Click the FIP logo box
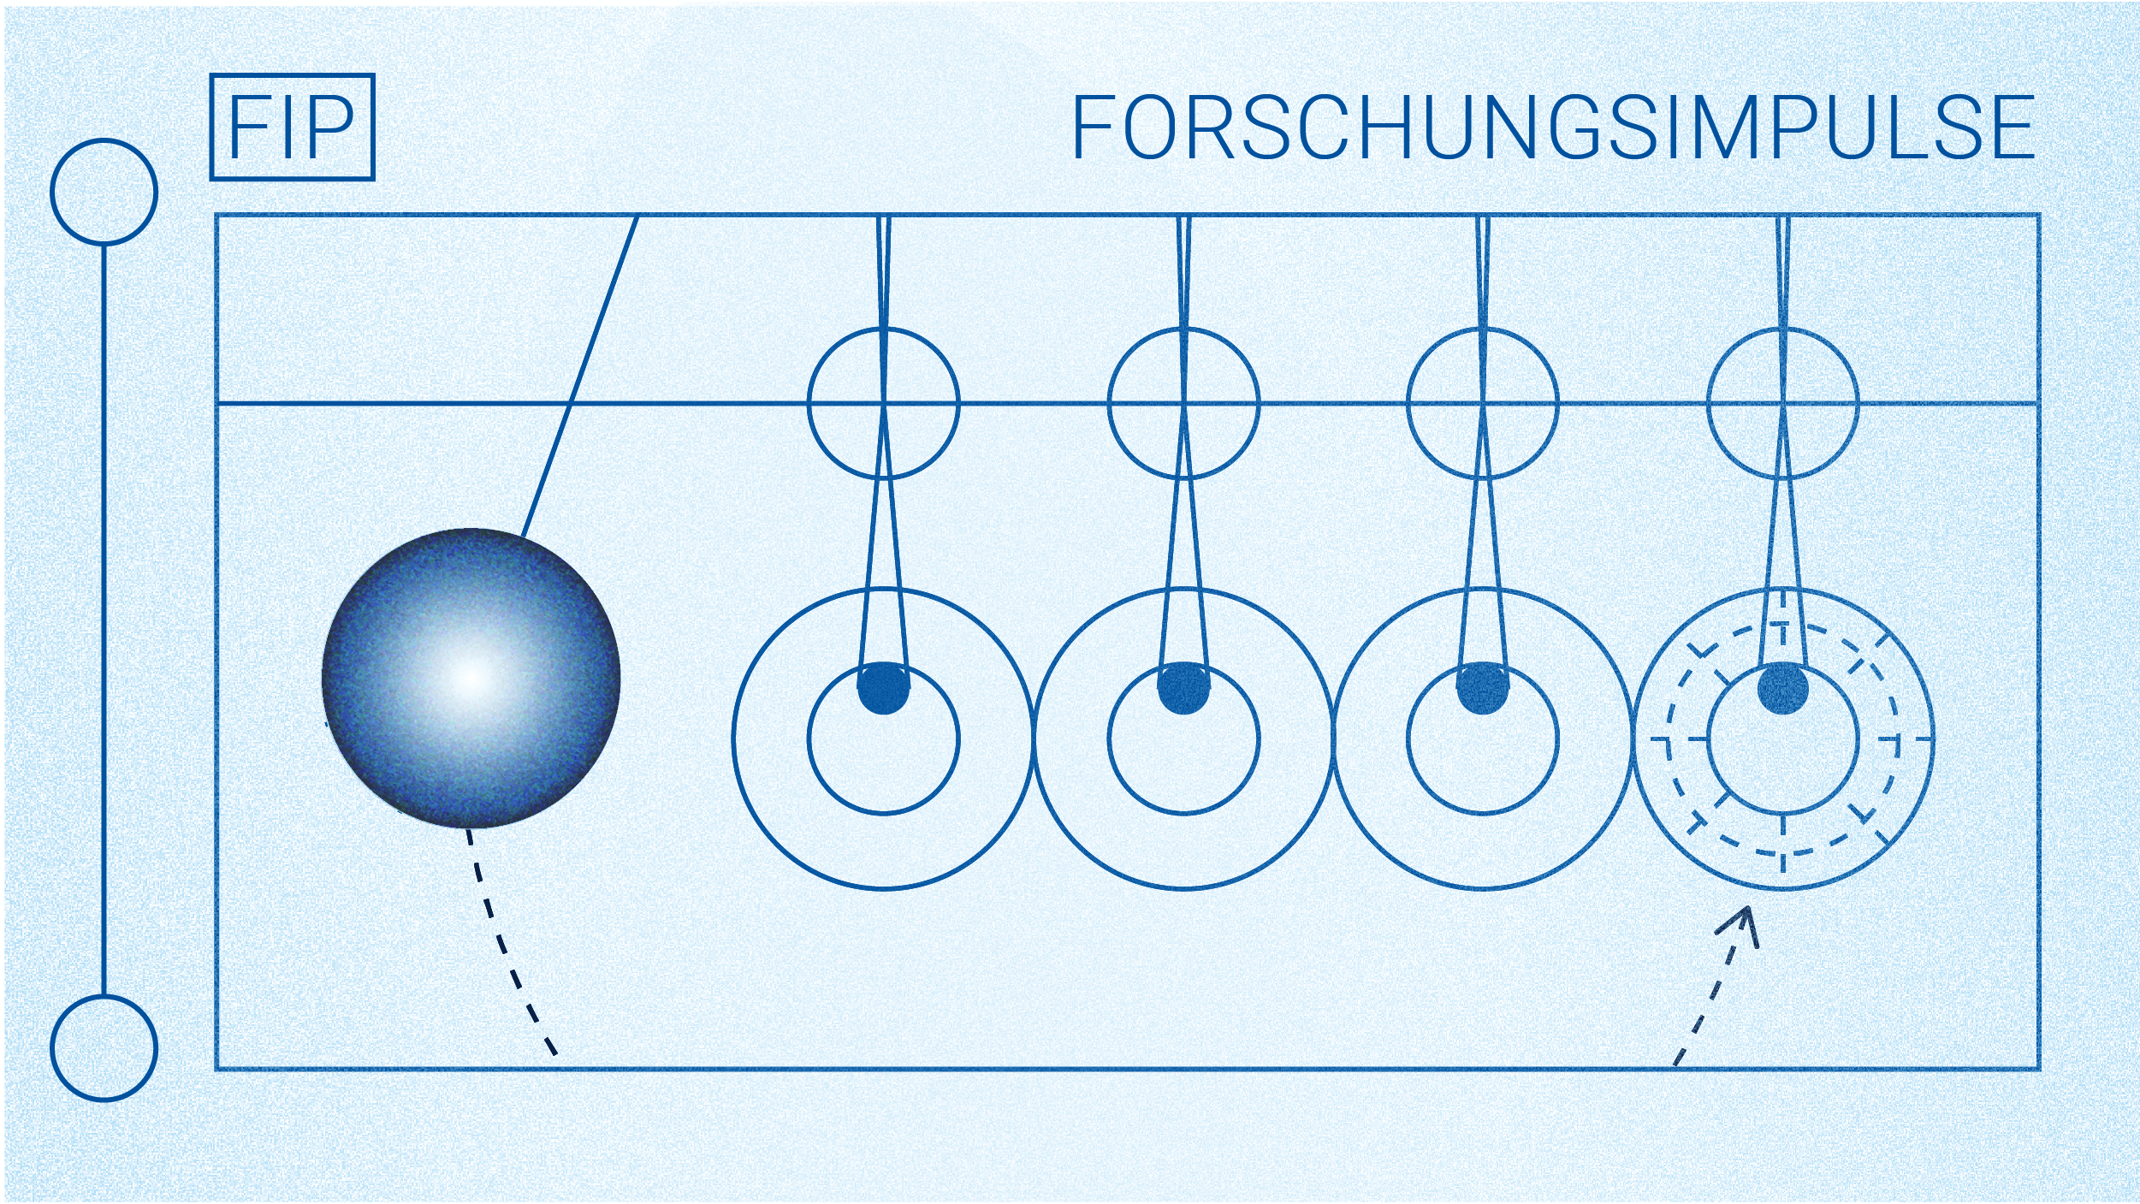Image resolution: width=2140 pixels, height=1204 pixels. (x=292, y=127)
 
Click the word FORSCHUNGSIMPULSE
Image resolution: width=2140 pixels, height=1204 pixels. (x=1552, y=128)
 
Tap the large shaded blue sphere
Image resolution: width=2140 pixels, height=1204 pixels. (x=471, y=678)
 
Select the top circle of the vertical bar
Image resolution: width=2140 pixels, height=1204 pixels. (x=104, y=192)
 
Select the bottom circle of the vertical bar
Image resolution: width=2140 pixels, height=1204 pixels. (x=104, y=1047)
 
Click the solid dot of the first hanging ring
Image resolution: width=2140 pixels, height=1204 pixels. (x=883, y=688)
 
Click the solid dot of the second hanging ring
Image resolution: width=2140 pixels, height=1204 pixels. (x=1183, y=688)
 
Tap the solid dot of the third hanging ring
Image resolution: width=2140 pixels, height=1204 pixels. (x=1483, y=688)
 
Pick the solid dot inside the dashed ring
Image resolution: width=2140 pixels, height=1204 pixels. (x=1782, y=688)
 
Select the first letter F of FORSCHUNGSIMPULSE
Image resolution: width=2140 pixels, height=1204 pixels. (x=1094, y=128)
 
